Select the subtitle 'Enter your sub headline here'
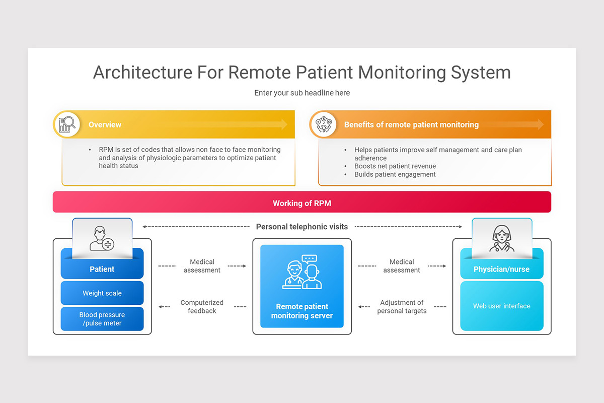(x=302, y=93)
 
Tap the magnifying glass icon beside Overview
(x=66, y=124)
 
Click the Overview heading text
(x=105, y=125)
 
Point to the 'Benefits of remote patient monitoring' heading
(x=411, y=125)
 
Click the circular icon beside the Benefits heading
(x=323, y=124)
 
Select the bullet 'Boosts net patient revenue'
(x=395, y=166)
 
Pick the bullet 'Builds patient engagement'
(x=395, y=174)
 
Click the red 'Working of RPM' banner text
(x=302, y=204)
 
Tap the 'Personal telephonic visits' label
(x=302, y=227)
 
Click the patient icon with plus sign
(x=102, y=238)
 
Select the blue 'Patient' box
(x=102, y=269)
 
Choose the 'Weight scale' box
(x=102, y=293)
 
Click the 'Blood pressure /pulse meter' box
(x=102, y=319)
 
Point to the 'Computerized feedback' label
(x=202, y=307)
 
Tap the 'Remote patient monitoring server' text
(x=302, y=311)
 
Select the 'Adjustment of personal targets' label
(x=402, y=307)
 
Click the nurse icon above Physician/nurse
(x=501, y=238)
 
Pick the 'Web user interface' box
(x=502, y=306)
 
